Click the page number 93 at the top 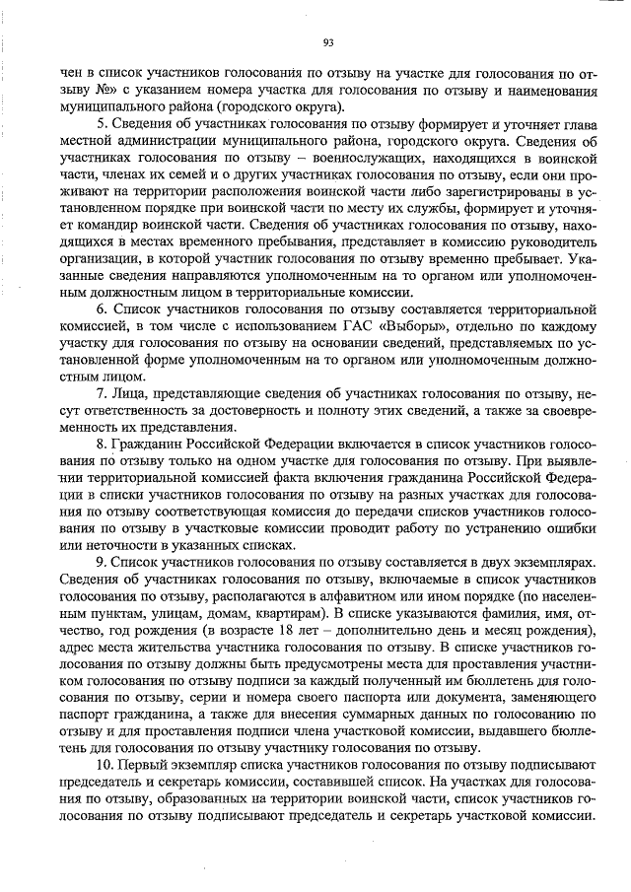coord(328,41)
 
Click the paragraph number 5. coord(102,123)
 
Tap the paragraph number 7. coord(102,392)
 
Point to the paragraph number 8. coord(102,443)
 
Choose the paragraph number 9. coord(102,559)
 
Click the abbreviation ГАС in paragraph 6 coord(332,326)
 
